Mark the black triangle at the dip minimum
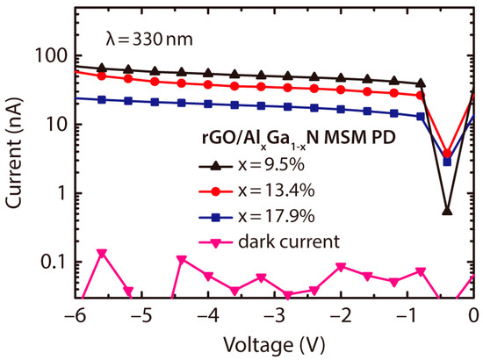point(447,211)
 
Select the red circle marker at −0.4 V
point(447,154)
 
